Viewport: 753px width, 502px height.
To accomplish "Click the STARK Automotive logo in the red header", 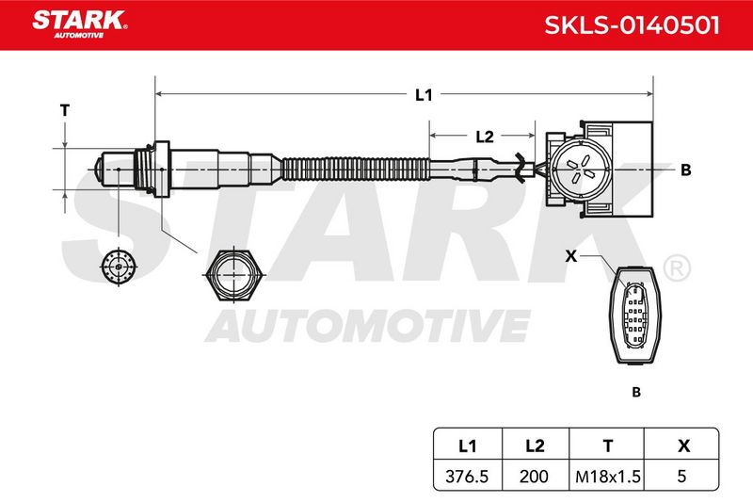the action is [x=80, y=24].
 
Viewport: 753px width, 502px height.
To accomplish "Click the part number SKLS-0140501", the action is [x=632, y=25].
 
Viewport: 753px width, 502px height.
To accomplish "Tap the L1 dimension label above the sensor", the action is [x=424, y=94].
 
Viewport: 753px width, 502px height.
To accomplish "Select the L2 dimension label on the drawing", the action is [x=485, y=137].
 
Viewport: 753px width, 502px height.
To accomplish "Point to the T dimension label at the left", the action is [x=65, y=110].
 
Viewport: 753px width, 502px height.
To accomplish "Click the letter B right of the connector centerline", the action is [x=686, y=170].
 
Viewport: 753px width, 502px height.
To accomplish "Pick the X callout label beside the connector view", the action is [x=571, y=256].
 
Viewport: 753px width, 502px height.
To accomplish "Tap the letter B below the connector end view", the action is [x=636, y=392].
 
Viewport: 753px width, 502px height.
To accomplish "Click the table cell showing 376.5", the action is [x=467, y=476].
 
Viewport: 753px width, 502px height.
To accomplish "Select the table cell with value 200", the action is [x=534, y=476].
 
